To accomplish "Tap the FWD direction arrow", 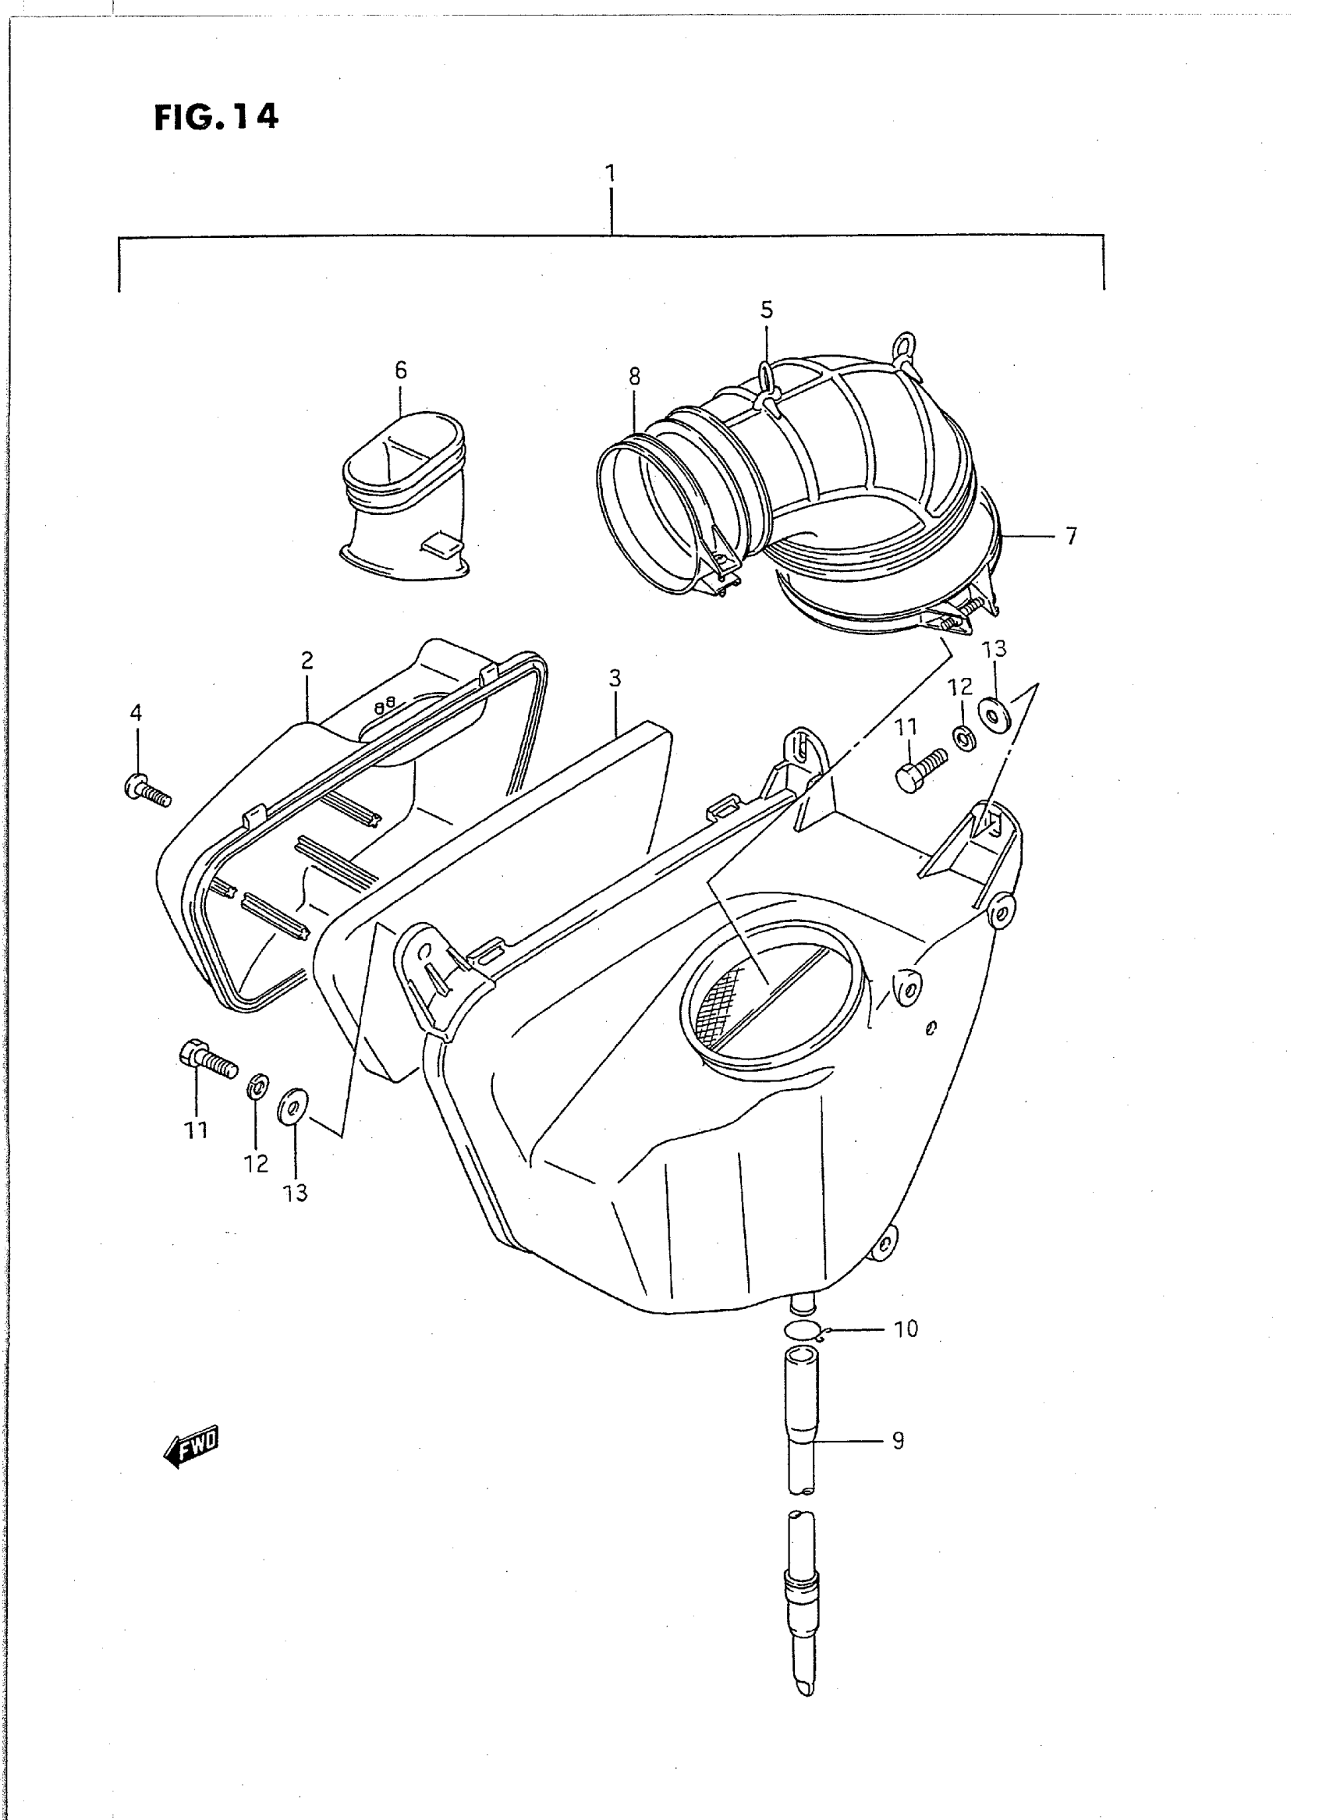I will [190, 1444].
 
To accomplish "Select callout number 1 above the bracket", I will [611, 173].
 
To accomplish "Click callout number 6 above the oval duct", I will [400, 370].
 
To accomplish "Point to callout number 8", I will [634, 376].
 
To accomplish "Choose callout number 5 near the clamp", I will [767, 310].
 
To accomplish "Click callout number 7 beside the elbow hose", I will [1071, 536].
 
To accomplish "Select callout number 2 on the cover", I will [307, 661].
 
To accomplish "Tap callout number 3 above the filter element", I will [614, 679].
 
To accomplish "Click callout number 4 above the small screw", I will [136, 712].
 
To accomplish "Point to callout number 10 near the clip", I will [906, 1329].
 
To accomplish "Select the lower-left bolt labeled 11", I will [206, 1059].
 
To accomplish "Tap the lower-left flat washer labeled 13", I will [292, 1107].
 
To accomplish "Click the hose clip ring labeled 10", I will [803, 1330].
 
